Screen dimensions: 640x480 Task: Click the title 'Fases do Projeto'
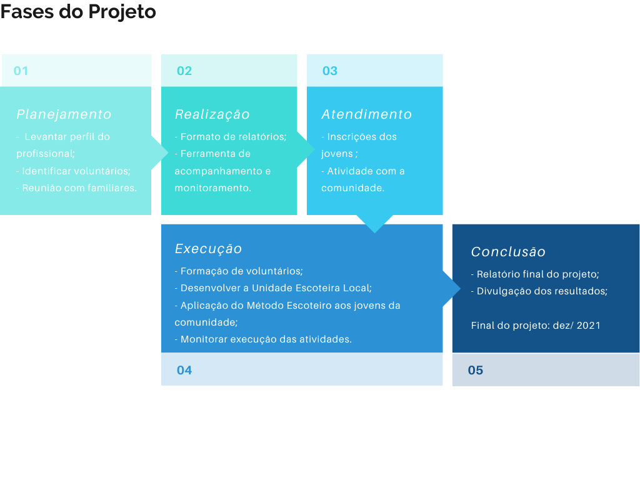coord(78,12)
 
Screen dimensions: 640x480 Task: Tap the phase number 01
coord(21,71)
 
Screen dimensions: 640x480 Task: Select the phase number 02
coord(184,71)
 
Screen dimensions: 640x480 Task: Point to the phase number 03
coord(330,71)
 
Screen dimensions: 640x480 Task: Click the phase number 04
coord(184,370)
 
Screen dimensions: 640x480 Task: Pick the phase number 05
coord(476,370)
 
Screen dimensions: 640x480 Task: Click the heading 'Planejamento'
coord(64,115)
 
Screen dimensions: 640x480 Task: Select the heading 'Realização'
coord(212,115)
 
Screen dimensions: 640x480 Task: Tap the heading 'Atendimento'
coord(366,114)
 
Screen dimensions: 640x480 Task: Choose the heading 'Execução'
coord(208,249)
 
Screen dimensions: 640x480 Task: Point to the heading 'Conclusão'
coord(508,252)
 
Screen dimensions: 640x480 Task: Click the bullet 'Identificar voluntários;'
coord(74,171)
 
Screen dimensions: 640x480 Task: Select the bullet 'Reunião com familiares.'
coord(77,188)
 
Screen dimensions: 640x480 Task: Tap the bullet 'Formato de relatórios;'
coord(231,137)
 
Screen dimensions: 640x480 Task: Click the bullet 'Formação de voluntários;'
coord(239,271)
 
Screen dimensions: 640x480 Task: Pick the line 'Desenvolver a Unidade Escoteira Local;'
coord(274,288)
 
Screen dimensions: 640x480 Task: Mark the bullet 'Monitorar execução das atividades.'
coord(263,339)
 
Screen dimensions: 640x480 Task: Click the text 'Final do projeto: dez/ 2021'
coord(536,326)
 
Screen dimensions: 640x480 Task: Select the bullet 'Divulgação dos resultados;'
coord(539,291)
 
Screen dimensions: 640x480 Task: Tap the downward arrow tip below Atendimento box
coord(375,233)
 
